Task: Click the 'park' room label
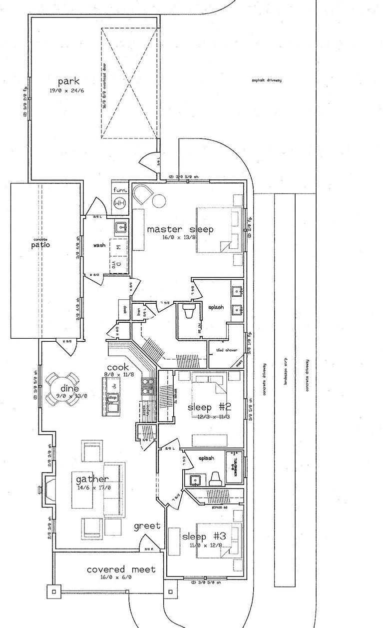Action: pyautogui.click(x=68, y=81)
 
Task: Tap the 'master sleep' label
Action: pyautogui.click(x=180, y=229)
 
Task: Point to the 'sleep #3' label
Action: pyautogui.click(x=204, y=536)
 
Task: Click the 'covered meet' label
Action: pyautogui.click(x=121, y=569)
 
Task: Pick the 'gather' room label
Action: pyautogui.click(x=92, y=480)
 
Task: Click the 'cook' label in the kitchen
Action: pyautogui.click(x=118, y=367)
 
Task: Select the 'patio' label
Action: pyautogui.click(x=40, y=245)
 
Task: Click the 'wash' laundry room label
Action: pyautogui.click(x=99, y=246)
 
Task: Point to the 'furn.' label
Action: pyautogui.click(x=119, y=190)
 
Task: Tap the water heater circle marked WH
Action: pyautogui.click(x=119, y=203)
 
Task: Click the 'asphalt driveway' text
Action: pyautogui.click(x=267, y=80)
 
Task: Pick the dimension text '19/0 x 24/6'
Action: pyautogui.click(x=68, y=91)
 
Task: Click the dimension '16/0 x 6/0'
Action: pyautogui.click(x=121, y=577)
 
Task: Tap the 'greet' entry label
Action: pyautogui.click(x=147, y=526)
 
